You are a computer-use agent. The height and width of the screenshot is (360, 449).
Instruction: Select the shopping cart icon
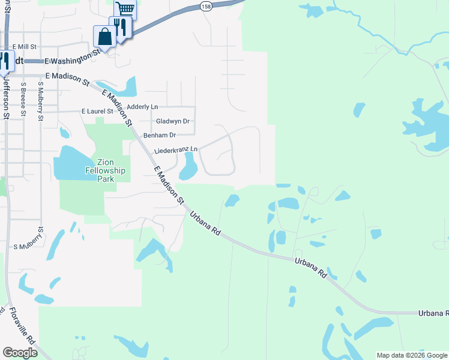125,9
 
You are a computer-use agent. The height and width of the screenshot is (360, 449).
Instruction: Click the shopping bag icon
104,37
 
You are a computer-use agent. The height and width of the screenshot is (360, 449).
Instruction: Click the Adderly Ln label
142,106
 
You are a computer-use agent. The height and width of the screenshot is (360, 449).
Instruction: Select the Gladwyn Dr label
172,121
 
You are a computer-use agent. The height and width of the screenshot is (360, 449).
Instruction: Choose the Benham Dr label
159,135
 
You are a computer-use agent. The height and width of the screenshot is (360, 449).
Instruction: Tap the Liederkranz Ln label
175,150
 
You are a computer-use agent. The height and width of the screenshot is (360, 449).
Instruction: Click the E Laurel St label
97,112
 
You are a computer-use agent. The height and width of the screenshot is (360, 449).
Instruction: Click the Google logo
20,353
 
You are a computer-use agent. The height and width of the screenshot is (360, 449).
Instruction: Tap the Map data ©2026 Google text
412,355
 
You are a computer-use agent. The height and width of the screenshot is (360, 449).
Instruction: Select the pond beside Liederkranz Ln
188,167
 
